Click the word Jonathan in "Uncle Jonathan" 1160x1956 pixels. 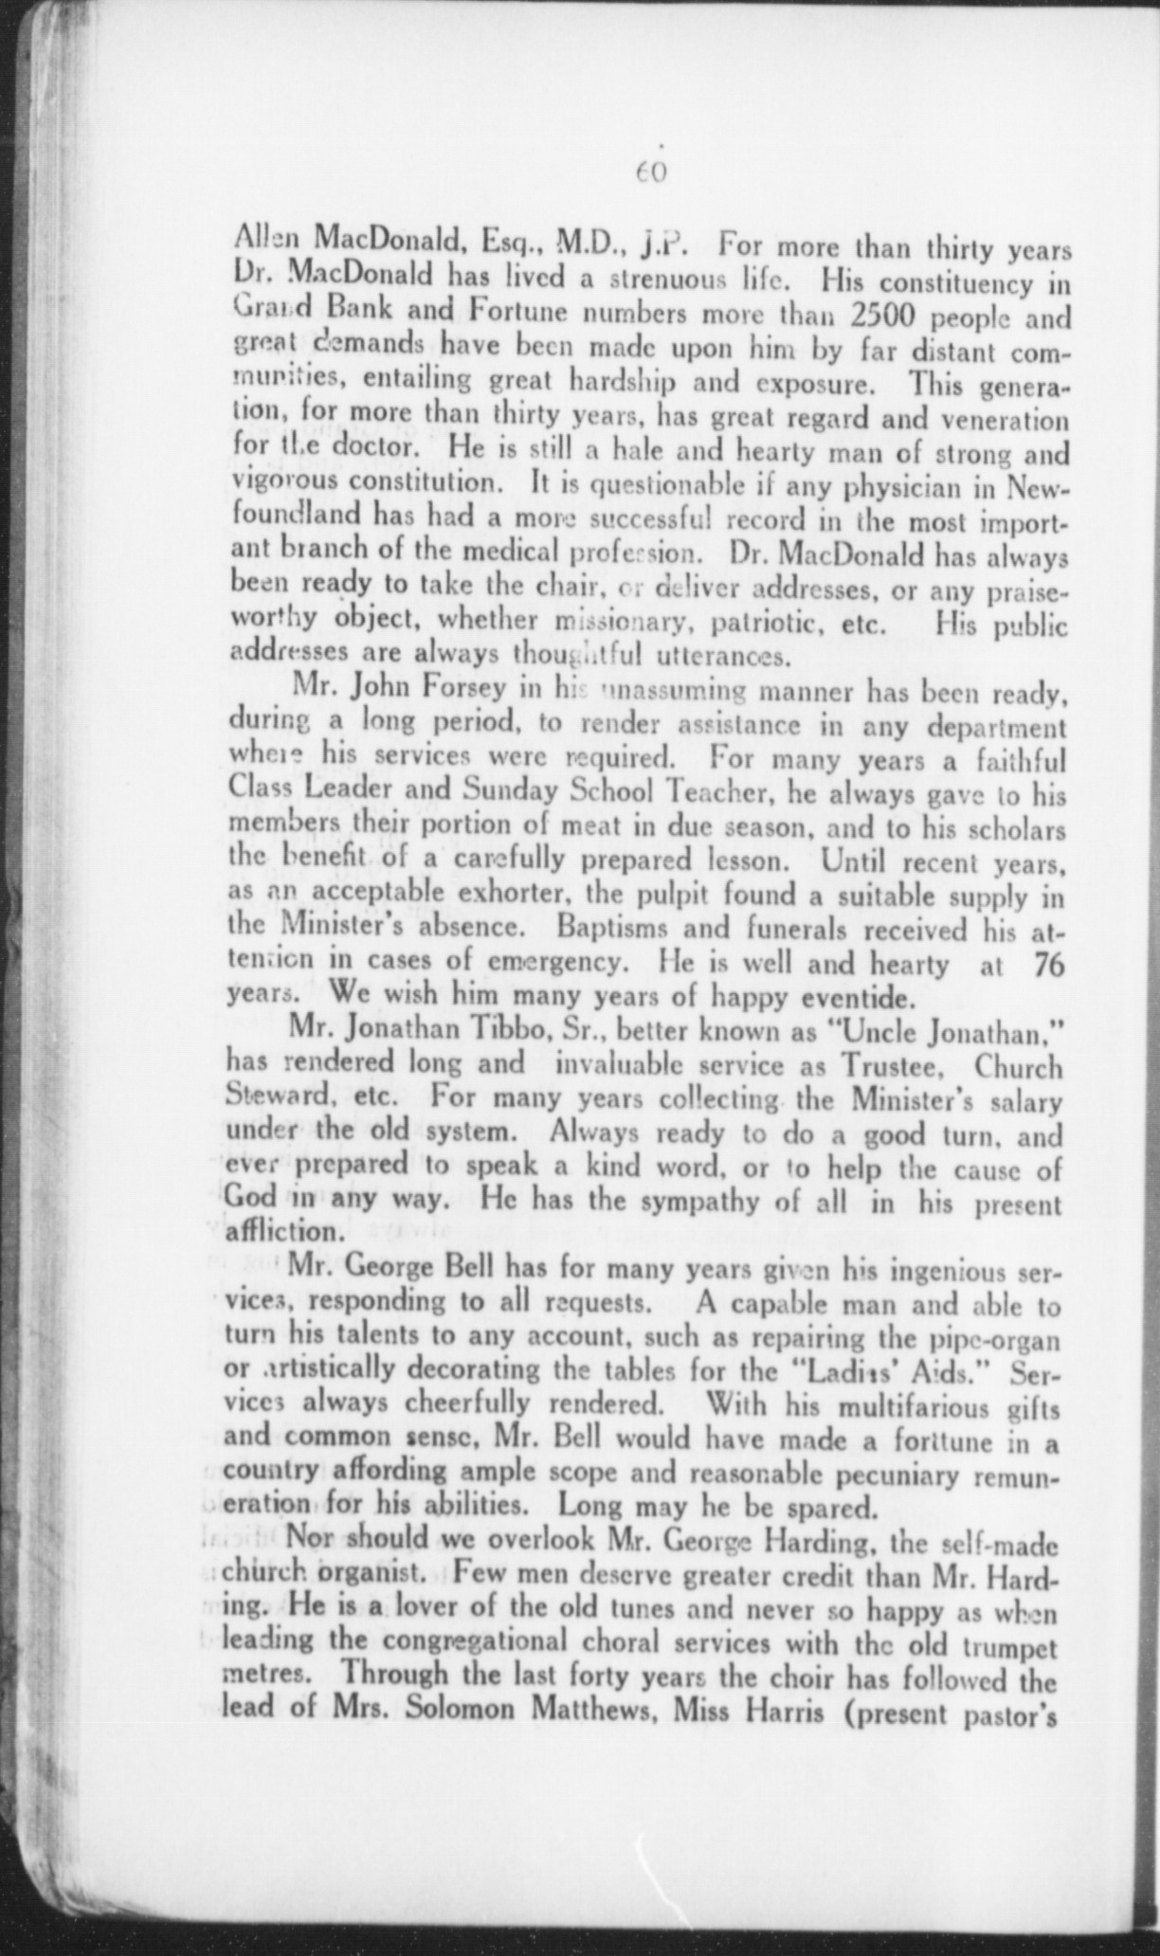click(x=988, y=1030)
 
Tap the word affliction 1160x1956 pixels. click(x=281, y=1233)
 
